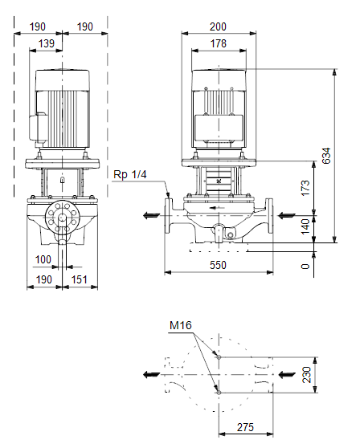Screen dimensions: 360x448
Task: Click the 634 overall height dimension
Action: (326, 156)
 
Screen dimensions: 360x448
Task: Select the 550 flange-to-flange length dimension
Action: (218, 265)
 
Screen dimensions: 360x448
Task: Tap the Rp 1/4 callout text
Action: (130, 174)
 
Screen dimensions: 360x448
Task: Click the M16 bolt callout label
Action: (181, 325)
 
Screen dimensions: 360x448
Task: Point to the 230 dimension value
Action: (306, 375)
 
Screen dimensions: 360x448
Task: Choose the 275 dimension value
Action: (245, 427)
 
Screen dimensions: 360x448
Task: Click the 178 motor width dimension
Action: (219, 43)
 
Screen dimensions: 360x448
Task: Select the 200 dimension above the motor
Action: (218, 26)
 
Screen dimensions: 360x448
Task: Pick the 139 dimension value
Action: (46, 43)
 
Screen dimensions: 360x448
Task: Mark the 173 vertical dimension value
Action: (305, 188)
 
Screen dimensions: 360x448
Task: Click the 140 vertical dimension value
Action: (305, 226)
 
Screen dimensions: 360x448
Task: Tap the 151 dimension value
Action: (80, 279)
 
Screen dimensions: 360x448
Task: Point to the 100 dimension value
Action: (43, 259)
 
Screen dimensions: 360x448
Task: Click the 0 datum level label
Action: (305, 267)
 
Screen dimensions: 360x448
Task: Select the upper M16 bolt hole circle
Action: (219, 356)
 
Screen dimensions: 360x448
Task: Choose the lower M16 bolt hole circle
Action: (219, 393)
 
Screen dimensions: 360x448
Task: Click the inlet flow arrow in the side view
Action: (287, 215)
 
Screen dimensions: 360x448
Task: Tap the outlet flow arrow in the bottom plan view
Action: (152, 374)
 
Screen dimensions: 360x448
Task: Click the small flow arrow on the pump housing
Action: (217, 208)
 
